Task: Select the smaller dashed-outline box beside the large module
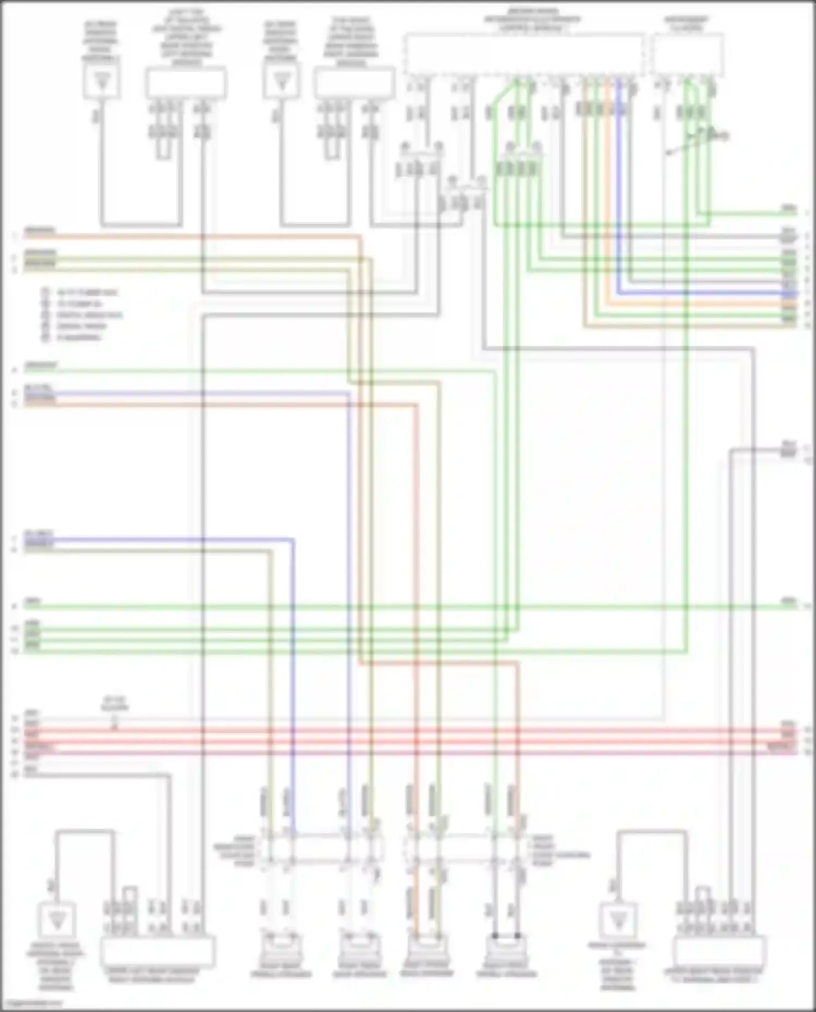(x=688, y=54)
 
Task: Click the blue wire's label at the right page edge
(x=789, y=293)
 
